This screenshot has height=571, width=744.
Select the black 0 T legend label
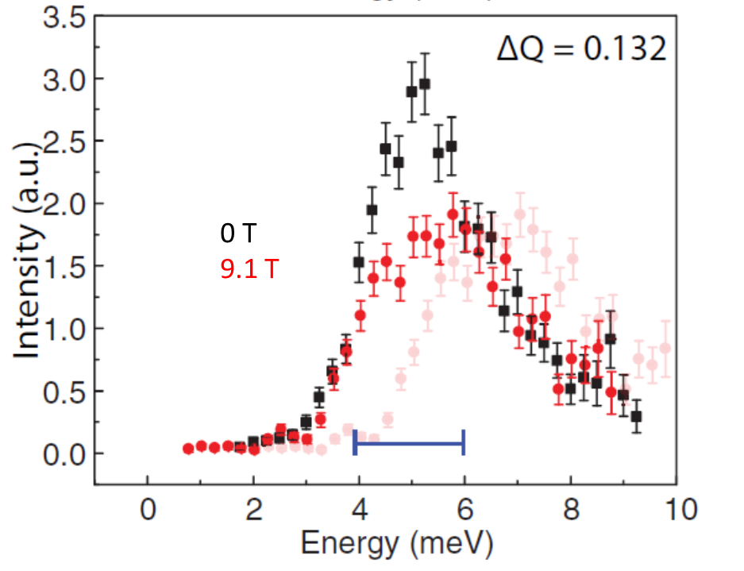(x=238, y=233)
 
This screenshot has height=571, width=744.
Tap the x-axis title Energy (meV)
(x=397, y=544)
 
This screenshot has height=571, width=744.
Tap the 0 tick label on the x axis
(x=148, y=508)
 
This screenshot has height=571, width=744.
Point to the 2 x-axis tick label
(x=253, y=508)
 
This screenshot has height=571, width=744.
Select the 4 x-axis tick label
(x=359, y=508)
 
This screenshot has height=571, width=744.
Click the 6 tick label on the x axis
(x=465, y=508)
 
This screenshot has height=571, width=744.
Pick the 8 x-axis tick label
(x=570, y=508)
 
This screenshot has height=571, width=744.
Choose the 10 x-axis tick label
(x=676, y=508)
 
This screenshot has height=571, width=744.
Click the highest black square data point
(x=425, y=83)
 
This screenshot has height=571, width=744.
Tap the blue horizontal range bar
(x=409, y=444)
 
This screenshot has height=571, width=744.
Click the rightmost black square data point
(x=636, y=416)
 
